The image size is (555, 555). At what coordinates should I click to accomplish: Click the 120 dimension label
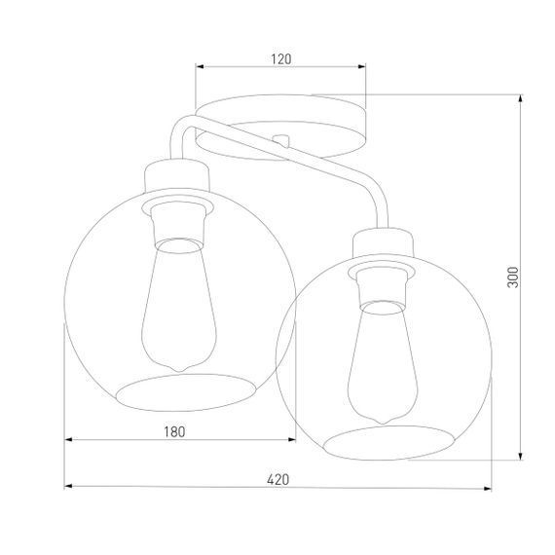pos(280,58)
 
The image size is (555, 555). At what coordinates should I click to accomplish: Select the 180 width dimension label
pos(173,429)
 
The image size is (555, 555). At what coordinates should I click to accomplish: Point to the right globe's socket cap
pos(386,243)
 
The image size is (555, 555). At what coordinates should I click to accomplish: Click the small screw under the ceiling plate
pos(281,139)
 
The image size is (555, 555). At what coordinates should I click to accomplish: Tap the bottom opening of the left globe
pos(184,390)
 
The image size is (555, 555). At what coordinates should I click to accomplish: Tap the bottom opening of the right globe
pos(389,442)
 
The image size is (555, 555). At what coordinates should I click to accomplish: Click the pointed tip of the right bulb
pos(384,421)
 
